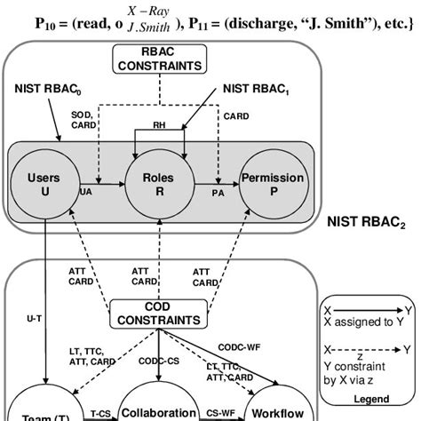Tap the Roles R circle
pos(157,184)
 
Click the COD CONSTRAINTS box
pos(156,312)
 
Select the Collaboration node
pos(157,411)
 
